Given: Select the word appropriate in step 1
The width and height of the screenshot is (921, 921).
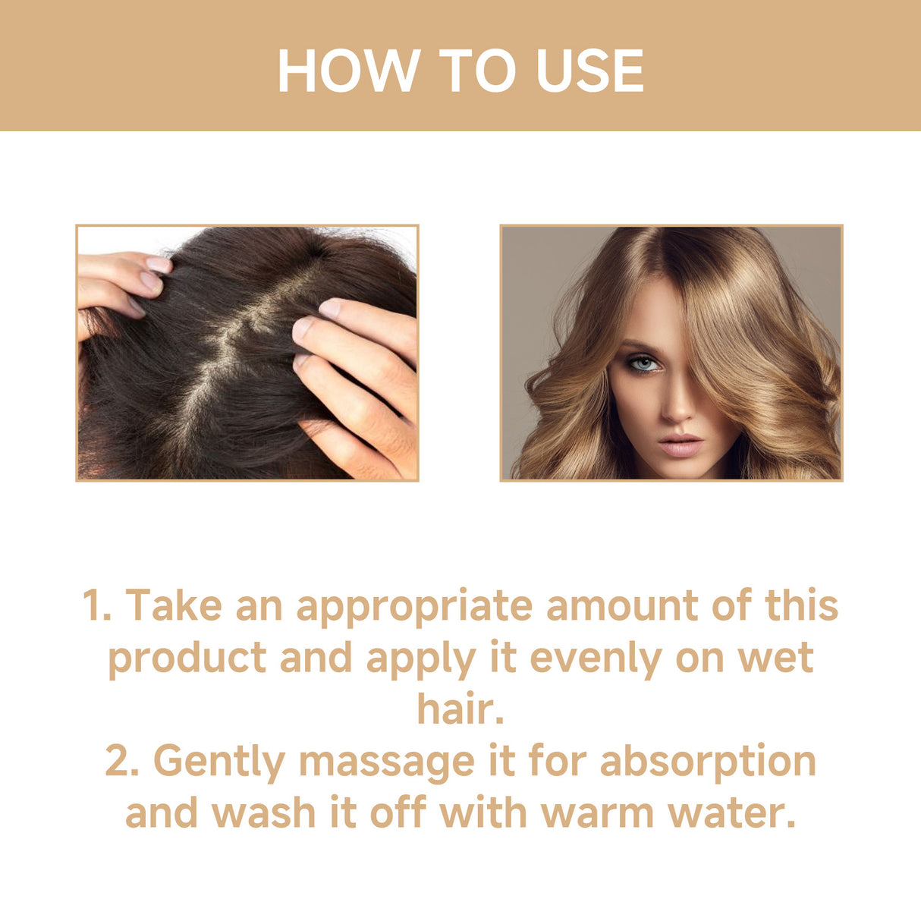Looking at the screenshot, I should click(x=414, y=607).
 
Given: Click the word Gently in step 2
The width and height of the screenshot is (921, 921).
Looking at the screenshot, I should click(x=219, y=762).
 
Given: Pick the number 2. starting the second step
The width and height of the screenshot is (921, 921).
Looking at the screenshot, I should click(x=122, y=761).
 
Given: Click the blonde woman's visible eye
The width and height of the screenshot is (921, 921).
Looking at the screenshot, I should click(x=644, y=365).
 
